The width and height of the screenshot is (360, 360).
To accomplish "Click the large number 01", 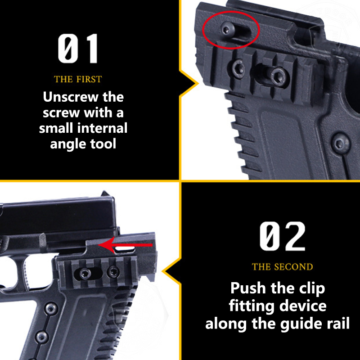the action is (x=77, y=48).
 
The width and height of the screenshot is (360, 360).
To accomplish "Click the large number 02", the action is (x=283, y=236).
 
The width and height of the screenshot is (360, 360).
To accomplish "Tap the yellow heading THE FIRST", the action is (x=78, y=79).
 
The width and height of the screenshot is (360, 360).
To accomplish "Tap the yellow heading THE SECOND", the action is (x=283, y=267).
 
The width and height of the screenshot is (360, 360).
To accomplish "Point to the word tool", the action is (x=103, y=144).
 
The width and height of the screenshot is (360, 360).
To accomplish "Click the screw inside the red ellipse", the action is (x=228, y=29).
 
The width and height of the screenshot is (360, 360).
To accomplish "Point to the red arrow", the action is (x=125, y=245).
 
